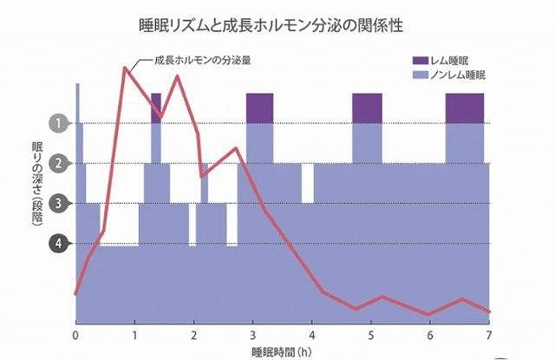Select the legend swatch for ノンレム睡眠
(421, 76)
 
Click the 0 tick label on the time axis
(76, 336)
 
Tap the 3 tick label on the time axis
(252, 336)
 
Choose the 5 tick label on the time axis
(370, 336)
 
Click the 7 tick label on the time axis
(488, 336)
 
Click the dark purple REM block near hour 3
(260, 108)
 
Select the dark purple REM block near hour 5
(367, 108)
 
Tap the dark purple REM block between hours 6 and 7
(464, 108)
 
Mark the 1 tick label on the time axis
(134, 336)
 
